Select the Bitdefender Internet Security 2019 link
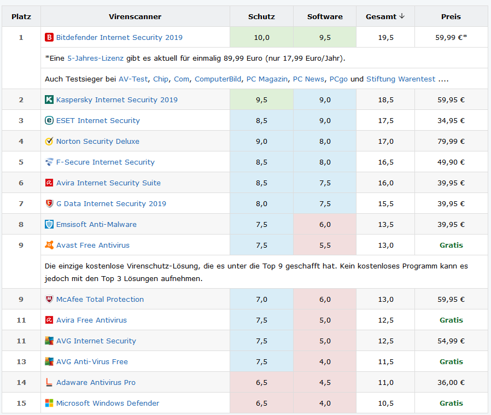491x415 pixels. click(x=119, y=38)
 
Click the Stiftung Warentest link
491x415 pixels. click(x=401, y=79)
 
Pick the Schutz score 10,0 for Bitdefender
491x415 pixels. click(x=261, y=38)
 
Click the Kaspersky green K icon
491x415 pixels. click(x=49, y=100)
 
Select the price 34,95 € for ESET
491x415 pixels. click(x=451, y=121)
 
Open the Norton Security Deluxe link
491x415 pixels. click(x=97, y=142)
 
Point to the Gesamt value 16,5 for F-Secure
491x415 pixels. click(x=385, y=162)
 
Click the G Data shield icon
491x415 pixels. click(x=49, y=204)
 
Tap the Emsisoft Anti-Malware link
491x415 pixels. click(x=96, y=225)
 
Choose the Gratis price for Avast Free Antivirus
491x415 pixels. click(x=451, y=246)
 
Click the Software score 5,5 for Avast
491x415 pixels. click(x=325, y=246)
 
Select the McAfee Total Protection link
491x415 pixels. click(x=100, y=300)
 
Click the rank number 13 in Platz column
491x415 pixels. click(x=21, y=362)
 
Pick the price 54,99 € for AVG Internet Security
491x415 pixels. click(x=451, y=341)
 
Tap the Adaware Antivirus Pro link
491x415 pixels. click(x=96, y=383)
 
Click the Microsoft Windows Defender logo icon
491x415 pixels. click(x=49, y=404)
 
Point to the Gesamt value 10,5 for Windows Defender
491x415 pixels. click(x=385, y=404)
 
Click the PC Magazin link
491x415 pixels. click(x=267, y=79)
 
